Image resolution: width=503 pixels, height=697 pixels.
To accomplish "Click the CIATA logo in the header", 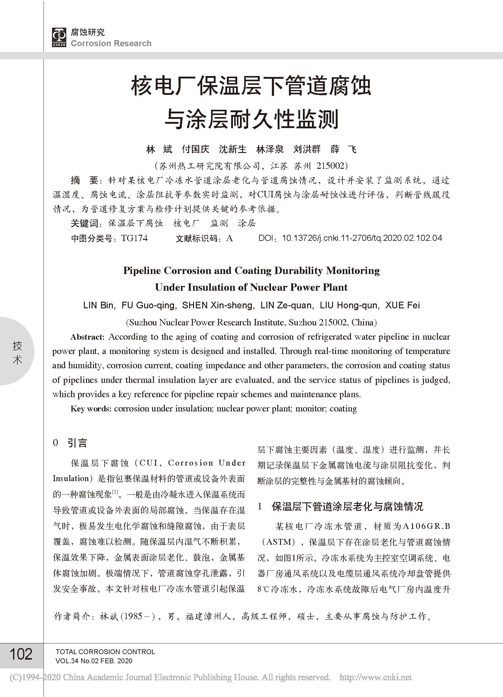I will [59, 37].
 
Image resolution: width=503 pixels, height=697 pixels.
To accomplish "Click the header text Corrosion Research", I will [111, 43].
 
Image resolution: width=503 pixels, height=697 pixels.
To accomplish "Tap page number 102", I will [21, 654].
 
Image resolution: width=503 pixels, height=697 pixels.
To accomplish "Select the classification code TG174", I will [134, 238].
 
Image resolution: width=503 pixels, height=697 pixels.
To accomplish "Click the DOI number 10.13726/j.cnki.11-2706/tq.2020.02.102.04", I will [362, 238].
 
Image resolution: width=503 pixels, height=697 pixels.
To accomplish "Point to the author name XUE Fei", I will [402, 306].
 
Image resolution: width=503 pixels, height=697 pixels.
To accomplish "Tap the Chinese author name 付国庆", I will [196, 149].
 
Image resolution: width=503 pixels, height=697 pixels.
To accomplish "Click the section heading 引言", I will [78, 443].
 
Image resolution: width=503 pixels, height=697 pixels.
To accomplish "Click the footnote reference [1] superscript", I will [115, 492].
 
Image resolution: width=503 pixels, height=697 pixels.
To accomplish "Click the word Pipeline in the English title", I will [142, 271].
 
